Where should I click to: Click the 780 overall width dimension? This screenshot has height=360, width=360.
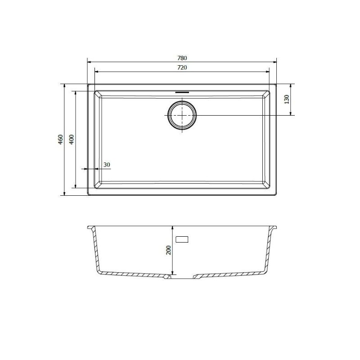(x=181, y=58)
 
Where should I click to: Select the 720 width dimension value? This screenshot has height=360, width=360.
(x=181, y=67)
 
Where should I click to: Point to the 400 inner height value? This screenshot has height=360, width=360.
(x=71, y=139)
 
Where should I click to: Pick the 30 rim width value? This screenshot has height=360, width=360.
(x=107, y=165)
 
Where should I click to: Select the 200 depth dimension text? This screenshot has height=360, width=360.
(x=168, y=251)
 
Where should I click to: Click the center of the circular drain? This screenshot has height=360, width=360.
(x=182, y=115)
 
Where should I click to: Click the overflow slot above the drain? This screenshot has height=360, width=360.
(x=182, y=91)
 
